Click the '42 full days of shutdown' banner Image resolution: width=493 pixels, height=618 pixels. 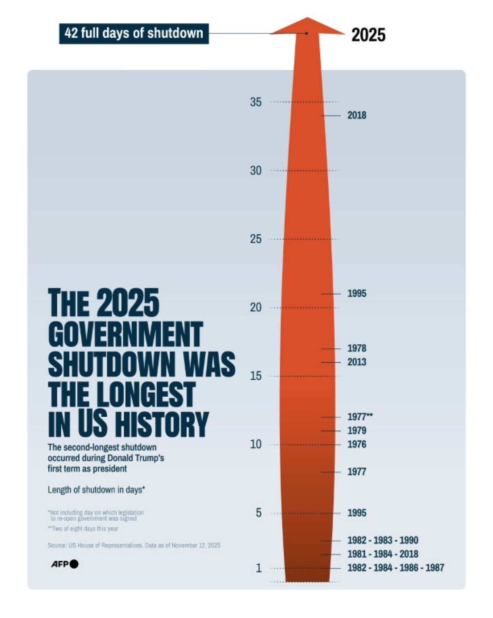pos(134,33)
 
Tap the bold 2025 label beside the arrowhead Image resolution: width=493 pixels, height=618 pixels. pos(368,35)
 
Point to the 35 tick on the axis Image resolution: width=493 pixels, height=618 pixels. pos(256,102)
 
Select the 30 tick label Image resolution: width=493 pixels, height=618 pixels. pos(256,171)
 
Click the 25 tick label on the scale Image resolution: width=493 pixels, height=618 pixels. pos(256,239)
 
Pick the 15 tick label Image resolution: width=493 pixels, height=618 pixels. pos(256,376)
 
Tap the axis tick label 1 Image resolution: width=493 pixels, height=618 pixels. pos(259,568)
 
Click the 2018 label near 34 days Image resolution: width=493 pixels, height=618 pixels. pos(357,115)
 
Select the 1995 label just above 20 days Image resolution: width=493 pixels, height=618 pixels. pos(357,293)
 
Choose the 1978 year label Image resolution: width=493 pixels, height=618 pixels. pos(357,348)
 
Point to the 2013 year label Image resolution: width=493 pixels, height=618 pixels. pos(357,362)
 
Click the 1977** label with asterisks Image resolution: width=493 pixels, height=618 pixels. pos(360,417)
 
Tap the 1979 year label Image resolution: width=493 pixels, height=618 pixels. pos(357,431)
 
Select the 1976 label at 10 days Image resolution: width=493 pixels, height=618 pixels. pos(357,444)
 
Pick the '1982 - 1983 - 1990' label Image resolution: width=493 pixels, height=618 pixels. pos(383,540)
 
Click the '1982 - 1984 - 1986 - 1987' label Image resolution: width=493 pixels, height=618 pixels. pos(396,568)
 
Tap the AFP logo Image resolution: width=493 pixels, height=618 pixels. pos(64,564)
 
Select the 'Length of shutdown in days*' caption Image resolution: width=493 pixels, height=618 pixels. pos(96,490)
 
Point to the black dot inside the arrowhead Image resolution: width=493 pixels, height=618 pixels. pos(307,33)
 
